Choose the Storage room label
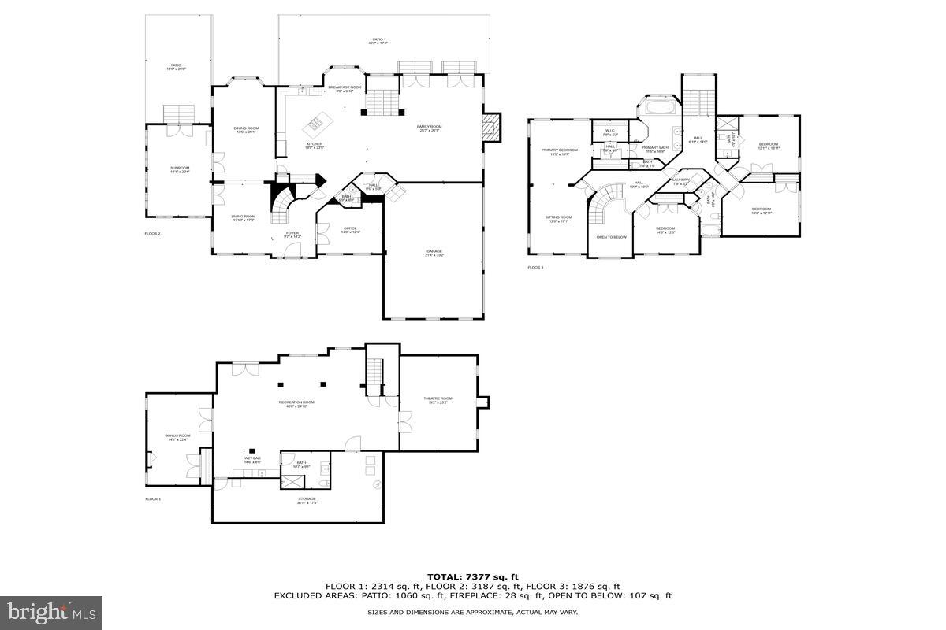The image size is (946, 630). pos(307,500)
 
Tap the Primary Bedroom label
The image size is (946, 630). pos(559,151)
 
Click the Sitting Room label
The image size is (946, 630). pos(559,218)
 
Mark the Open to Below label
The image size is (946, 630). pos(612,237)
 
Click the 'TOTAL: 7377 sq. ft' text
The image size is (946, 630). pos(473,576)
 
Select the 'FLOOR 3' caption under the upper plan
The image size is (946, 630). pos(535,268)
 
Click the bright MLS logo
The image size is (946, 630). pos(51,610)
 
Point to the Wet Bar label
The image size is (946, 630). pos(252,459)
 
